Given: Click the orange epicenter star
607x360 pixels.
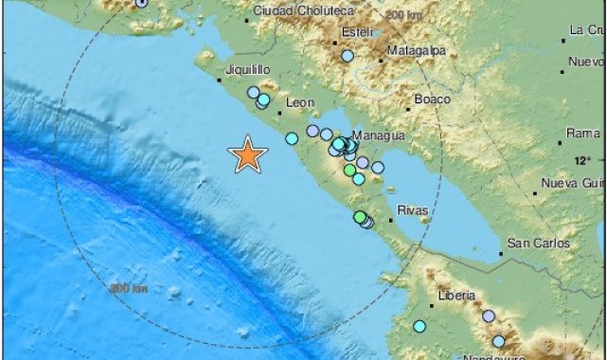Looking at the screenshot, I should pyautogui.click(x=248, y=153).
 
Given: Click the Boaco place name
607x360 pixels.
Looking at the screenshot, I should pyautogui.click(x=432, y=99).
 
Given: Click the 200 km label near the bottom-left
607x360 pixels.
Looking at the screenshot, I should pyautogui.click(x=129, y=287).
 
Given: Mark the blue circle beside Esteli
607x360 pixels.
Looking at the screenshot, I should pyautogui.click(x=348, y=56).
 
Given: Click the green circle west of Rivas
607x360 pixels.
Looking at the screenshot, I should pyautogui.click(x=360, y=218).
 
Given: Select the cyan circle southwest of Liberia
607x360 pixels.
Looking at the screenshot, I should pyautogui.click(x=420, y=327).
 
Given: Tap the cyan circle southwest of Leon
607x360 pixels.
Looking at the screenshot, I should pyautogui.click(x=292, y=138).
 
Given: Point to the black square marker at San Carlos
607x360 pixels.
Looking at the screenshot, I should pyautogui.click(x=501, y=254).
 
